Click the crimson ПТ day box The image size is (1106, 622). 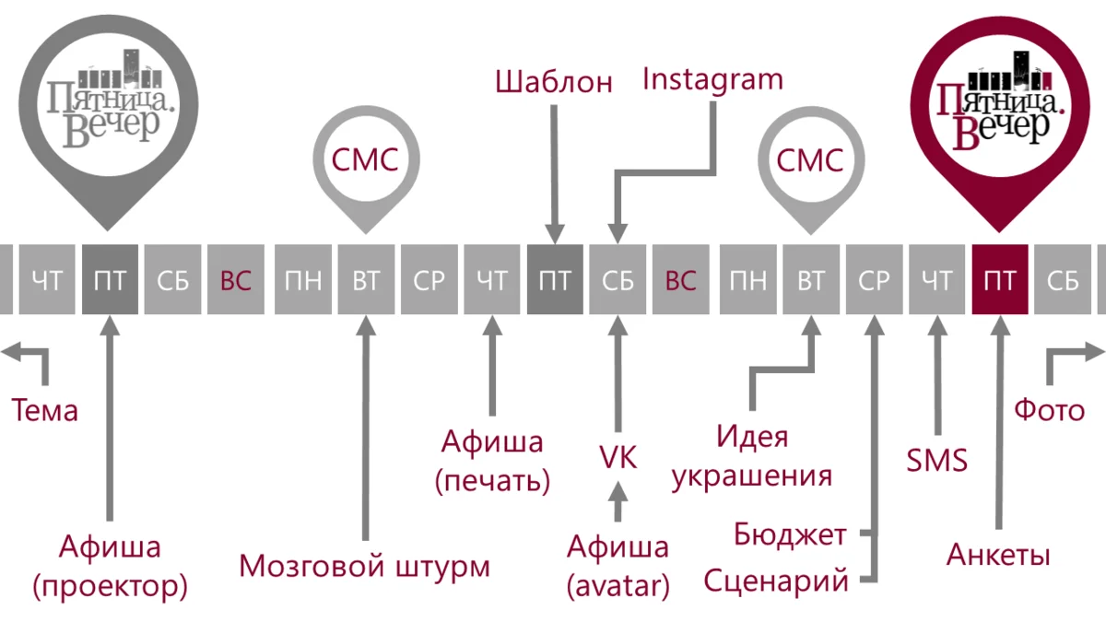[x=1000, y=280]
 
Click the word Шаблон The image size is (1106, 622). [x=554, y=82]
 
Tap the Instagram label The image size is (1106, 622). [x=712, y=79]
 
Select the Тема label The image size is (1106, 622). [x=44, y=411]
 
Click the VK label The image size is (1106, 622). [x=618, y=458]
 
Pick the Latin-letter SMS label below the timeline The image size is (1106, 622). [x=937, y=460]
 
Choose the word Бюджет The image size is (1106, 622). [x=790, y=534]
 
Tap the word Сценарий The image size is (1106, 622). [x=776, y=581]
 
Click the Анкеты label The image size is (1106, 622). [x=998, y=556]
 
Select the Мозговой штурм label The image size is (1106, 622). [x=364, y=566]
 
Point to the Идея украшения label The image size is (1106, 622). [x=752, y=456]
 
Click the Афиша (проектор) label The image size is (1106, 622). [x=110, y=566]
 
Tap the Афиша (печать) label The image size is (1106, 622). [x=491, y=461]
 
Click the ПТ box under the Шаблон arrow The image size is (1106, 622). [x=554, y=280]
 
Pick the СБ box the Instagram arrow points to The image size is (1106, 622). [x=618, y=280]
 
